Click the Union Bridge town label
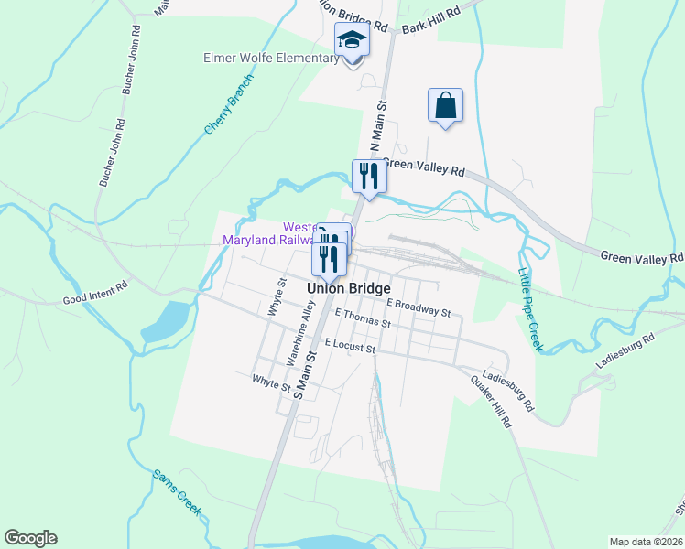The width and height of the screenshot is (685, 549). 349,287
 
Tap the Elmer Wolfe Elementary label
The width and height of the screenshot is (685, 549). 270,59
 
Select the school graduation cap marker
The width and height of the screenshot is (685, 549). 352,41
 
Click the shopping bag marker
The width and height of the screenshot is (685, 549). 445,105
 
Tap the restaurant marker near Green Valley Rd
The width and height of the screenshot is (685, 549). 369,176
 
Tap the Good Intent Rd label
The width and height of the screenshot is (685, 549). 92,299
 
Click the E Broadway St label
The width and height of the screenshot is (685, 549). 419,307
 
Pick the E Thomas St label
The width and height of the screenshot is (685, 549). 362,319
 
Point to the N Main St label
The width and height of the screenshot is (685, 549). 377,127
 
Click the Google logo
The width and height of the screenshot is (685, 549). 30,538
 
